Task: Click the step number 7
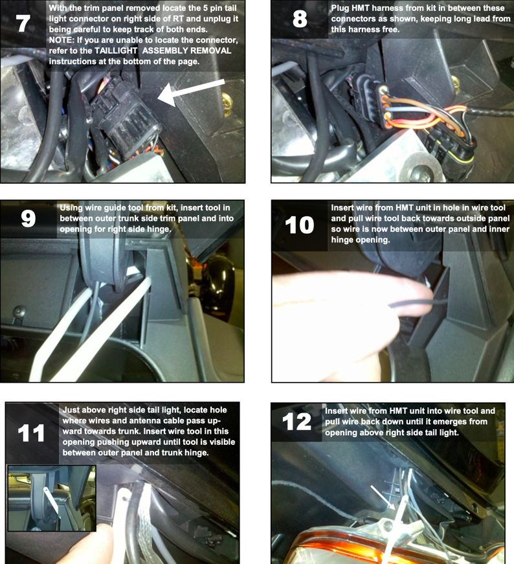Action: (23, 23)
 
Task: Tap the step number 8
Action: (300, 19)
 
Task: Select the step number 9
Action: (28, 218)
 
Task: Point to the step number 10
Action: (299, 225)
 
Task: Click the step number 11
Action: (31, 433)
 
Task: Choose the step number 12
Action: (296, 422)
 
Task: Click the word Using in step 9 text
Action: (71, 208)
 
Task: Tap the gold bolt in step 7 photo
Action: (227, 104)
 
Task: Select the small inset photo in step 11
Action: (52, 498)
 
